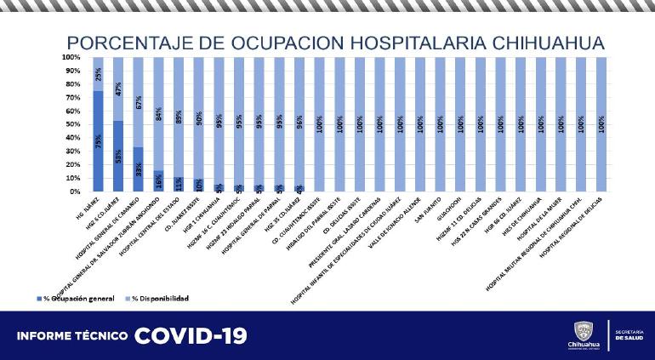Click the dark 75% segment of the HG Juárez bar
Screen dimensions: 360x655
point(99,140)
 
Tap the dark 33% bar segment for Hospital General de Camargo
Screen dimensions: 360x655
point(139,169)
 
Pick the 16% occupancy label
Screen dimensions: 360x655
point(159,181)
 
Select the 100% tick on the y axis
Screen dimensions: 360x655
point(71,57)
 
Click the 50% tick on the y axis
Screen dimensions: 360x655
point(73,124)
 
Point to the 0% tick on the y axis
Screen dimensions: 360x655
point(75,191)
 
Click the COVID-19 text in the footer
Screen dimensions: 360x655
point(190,335)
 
